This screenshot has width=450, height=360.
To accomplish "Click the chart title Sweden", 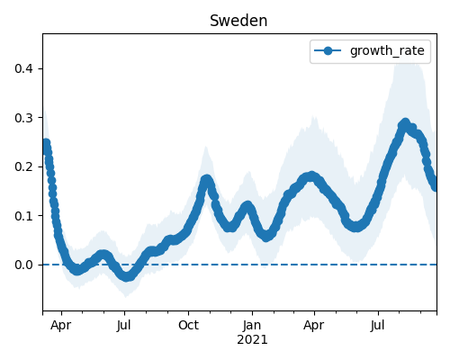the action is pos(238,21).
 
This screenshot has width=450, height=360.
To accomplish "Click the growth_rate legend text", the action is pos(387,51).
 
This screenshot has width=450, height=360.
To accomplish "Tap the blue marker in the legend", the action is pos(328,50).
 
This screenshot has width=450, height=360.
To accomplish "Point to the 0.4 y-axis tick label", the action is pos(23,68).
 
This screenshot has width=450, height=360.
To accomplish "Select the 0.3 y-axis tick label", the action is pos(23,118).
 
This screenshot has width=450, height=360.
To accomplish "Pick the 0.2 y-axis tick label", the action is pos(23,166).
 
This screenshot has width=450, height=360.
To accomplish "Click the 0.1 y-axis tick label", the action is pos(23,216).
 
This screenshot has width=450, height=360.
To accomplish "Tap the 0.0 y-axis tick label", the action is pos(23,265).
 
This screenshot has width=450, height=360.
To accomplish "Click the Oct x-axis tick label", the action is pos(188,325).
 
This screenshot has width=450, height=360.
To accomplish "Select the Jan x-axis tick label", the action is pos(252,325).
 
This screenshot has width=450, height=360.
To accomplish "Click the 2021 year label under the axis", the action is pos(252,340).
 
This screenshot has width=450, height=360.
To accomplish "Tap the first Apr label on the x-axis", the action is pos(61,326).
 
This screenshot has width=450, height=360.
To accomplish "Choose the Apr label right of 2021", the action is pos(314,326).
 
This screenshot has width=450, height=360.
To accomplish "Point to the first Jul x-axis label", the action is pos(124,325).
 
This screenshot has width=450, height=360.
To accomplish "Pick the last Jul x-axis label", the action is pos(377,325).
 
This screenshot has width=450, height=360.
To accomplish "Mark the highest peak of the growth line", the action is pos(405,122).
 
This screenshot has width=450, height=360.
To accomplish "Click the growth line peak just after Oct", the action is pos(206,179).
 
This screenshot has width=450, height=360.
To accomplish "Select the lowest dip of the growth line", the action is pos(127,276).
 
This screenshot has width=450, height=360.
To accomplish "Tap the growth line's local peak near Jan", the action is pos(247,206).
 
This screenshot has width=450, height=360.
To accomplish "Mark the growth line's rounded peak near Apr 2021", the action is pos(311,175).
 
